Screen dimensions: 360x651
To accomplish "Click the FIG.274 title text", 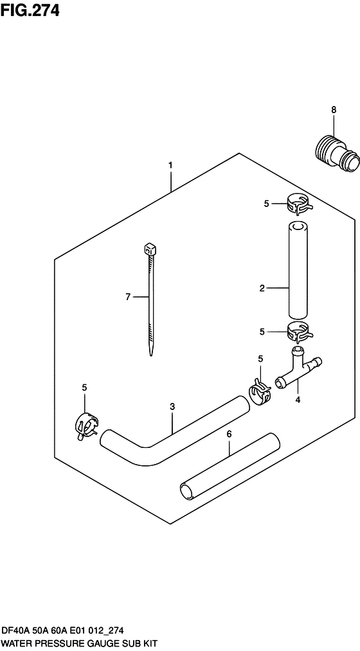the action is click(x=30, y=10).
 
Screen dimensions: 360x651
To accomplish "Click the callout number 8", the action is click(x=334, y=110).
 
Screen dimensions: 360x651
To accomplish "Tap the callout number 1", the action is click(x=170, y=166).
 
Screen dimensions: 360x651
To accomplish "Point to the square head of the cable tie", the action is click(x=149, y=249).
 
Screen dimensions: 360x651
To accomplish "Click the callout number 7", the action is click(x=128, y=296).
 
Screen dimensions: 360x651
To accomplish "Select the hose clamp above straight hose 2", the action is click(x=299, y=205).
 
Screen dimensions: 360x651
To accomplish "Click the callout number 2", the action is click(x=262, y=288).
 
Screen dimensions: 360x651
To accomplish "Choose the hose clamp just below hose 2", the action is click(x=299, y=332).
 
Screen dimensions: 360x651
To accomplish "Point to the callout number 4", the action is click(x=297, y=400).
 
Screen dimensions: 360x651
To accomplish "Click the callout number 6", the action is click(x=229, y=434).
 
